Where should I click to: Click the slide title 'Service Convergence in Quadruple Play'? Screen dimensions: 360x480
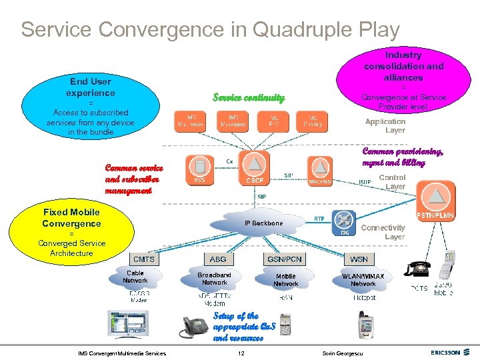point(210,30)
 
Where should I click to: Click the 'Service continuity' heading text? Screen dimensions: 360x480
point(249,98)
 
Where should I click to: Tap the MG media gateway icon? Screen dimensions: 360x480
point(344,222)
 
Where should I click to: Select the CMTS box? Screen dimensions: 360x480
point(144,259)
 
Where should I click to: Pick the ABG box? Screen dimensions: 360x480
point(218,259)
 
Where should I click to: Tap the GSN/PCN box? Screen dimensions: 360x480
point(285,259)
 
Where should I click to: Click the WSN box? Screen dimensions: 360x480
point(359,259)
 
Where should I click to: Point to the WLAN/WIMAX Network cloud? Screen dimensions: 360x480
point(363,279)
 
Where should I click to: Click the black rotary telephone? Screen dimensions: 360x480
point(418,268)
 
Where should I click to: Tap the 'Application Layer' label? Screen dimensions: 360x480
point(385,126)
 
